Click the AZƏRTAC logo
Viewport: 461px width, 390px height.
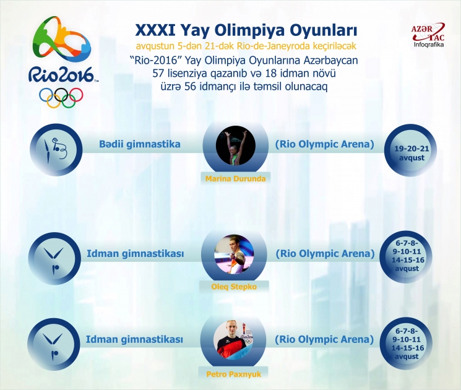428,32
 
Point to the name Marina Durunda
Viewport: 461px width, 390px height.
235,179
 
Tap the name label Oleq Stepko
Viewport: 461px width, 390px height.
235,287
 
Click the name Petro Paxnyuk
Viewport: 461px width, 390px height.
235,374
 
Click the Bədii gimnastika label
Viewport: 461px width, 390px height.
140,145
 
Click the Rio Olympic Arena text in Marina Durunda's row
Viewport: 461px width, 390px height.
325,145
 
